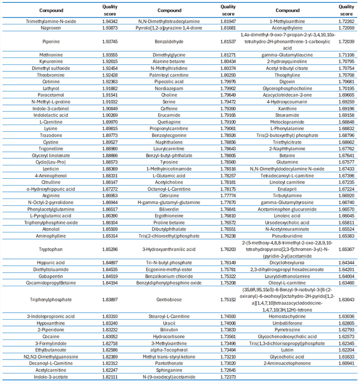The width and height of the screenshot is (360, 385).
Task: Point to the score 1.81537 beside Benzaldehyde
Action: pyautogui.click(x=228, y=41)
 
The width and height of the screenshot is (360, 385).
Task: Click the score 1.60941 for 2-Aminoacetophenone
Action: pyautogui.click(x=347, y=364)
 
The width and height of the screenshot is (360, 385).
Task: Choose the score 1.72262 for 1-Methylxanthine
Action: pyautogui.click(x=347, y=22)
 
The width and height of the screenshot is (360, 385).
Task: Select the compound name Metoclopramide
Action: pyautogui.click(x=288, y=122)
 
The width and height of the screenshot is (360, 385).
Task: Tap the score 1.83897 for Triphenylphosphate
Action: pyautogui.click(x=109, y=300)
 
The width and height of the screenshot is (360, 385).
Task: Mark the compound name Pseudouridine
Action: pyautogui.click(x=288, y=236)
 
